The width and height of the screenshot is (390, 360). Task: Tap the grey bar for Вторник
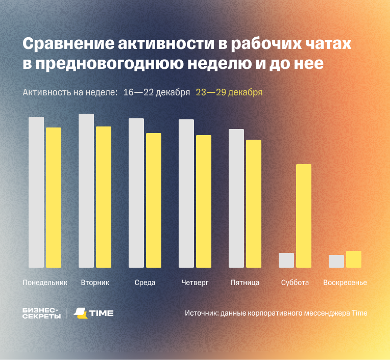86,191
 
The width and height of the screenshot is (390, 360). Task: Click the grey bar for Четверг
186,193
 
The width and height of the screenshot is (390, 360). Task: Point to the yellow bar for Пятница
254,203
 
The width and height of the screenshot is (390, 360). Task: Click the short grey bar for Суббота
286,260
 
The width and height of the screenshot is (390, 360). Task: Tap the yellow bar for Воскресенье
354,259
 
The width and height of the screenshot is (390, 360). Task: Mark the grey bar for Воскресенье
336,261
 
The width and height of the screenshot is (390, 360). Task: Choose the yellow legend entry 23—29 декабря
229,92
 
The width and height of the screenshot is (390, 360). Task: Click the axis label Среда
145,282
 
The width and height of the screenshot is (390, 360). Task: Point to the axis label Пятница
245,282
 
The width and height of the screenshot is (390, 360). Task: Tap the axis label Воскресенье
345,282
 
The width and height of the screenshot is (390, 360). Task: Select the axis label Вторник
95,282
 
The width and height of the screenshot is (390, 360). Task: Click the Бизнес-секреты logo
41,313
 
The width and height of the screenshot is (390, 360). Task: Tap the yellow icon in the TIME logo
80,313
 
